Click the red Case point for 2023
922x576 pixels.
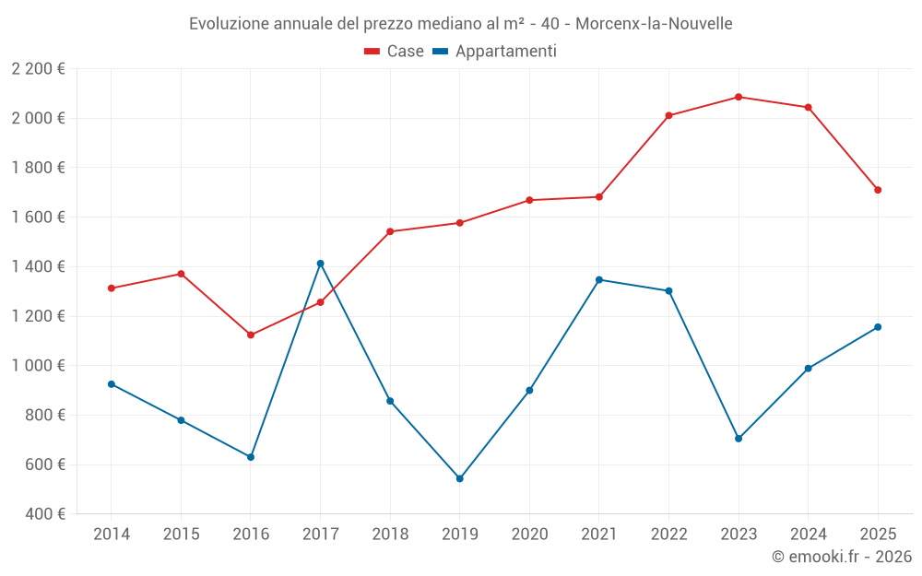click(739, 97)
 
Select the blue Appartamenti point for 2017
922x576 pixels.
click(320, 264)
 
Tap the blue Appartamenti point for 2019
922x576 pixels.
click(460, 478)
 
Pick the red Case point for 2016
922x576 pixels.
click(251, 335)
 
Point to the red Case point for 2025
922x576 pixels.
click(878, 190)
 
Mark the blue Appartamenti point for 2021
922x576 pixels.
click(599, 279)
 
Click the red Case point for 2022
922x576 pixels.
click(668, 115)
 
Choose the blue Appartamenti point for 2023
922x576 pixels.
click(739, 439)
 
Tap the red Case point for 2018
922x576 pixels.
click(390, 231)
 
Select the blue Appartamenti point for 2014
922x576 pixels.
click(112, 384)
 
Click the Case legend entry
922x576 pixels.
click(395, 52)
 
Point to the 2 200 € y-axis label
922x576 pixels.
click(39, 69)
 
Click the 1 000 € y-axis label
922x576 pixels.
click(39, 366)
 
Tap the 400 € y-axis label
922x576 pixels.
click(44, 514)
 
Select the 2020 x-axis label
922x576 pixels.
click(529, 535)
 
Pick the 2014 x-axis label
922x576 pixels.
click(112, 535)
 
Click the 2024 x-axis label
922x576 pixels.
click(809, 535)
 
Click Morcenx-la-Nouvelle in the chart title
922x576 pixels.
click(654, 24)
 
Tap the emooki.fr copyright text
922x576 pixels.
click(842, 557)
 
